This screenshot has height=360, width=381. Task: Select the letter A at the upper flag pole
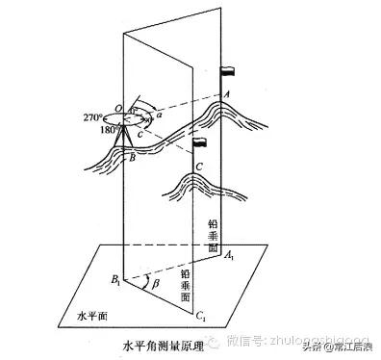226,94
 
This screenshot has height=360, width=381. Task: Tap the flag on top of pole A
228,71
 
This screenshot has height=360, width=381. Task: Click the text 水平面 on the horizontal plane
89,314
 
